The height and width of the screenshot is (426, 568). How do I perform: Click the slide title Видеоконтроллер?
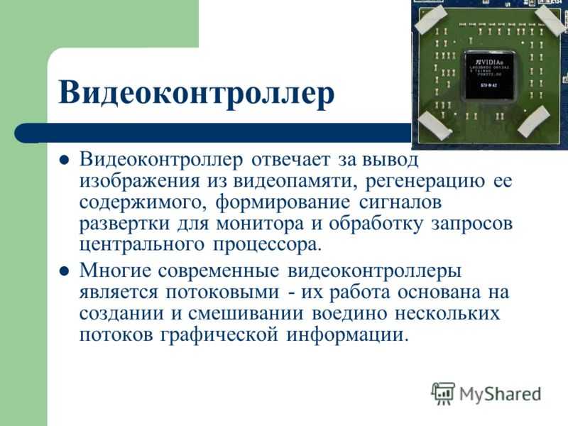[196, 94]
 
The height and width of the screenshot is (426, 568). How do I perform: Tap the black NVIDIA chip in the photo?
[489, 76]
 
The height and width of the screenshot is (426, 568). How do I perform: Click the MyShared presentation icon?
[442, 393]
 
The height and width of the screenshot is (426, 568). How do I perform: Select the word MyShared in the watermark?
[501, 394]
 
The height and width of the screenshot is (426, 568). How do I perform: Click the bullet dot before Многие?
[64, 271]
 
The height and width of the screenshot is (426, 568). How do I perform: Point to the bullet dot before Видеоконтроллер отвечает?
[64, 160]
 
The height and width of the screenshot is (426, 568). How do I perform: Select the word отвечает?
[291, 160]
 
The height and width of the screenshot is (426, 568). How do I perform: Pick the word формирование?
[283, 203]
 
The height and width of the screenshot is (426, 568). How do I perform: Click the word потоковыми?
[222, 293]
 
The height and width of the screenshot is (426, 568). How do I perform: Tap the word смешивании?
[246, 314]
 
